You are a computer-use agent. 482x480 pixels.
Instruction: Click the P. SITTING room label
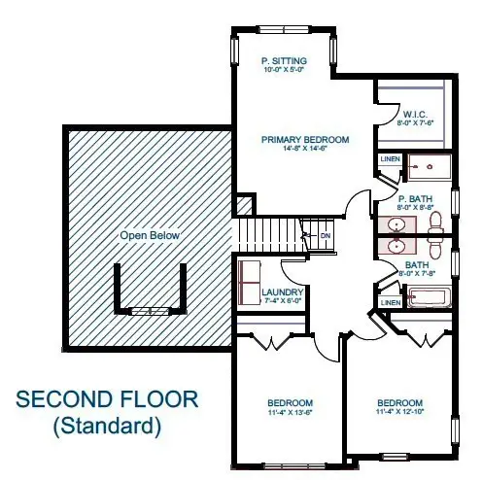coord(284,60)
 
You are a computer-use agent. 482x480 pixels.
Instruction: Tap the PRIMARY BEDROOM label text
coord(304,140)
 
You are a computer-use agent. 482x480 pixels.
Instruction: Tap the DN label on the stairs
coord(326,235)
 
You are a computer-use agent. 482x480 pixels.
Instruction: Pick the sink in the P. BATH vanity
coord(394,226)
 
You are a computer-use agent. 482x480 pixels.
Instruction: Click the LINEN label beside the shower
coord(390,158)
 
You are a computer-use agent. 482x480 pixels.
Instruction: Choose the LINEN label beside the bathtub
coord(390,302)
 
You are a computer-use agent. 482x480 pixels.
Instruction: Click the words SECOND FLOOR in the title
coord(108,400)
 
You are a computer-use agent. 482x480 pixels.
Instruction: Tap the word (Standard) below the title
coord(108,425)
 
